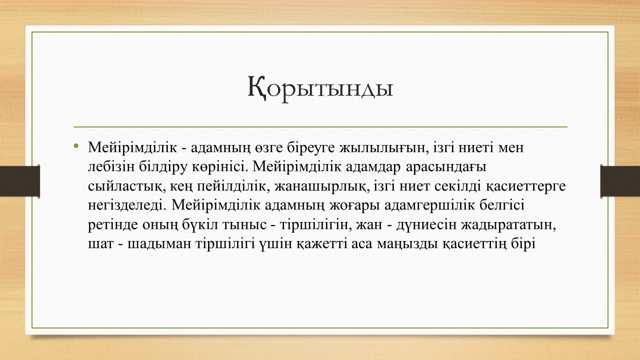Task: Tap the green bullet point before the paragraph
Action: (75, 146)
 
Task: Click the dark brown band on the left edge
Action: (19, 181)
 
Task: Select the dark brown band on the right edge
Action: (620, 181)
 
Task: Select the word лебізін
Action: (111, 167)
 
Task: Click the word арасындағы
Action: (445, 167)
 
